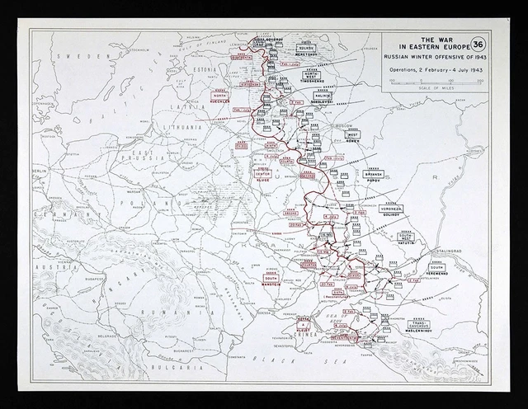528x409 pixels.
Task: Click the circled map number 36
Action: point(477,45)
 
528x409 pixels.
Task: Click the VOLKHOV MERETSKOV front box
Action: point(307,49)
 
